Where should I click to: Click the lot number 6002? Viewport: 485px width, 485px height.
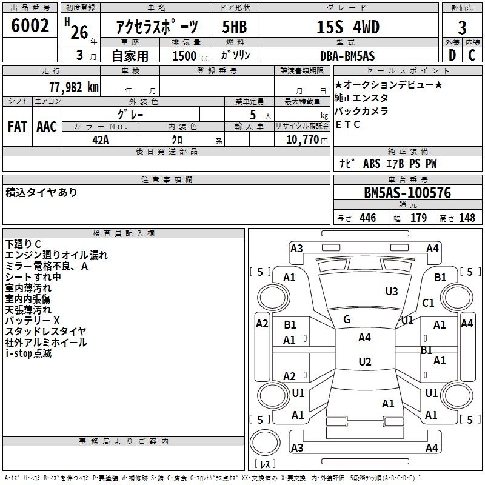coord(30,26)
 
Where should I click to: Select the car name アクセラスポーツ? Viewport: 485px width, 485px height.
coord(156,27)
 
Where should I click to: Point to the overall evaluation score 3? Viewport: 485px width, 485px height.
coord(462,27)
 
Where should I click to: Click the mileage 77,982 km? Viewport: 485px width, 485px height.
coord(73,86)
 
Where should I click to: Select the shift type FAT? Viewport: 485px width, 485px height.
coord(17,126)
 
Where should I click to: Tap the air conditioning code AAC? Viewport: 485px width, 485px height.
coord(47,126)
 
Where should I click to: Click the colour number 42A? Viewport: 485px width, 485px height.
coord(100,139)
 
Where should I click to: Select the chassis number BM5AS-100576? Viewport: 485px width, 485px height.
coord(407,193)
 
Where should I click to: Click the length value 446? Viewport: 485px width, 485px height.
coord(367,218)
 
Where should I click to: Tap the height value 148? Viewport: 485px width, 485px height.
coord(467,218)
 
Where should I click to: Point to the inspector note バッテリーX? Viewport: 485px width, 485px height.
coord(33,320)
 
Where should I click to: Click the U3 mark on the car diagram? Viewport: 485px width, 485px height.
coord(392,292)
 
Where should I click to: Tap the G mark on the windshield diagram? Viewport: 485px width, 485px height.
coord(347,319)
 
